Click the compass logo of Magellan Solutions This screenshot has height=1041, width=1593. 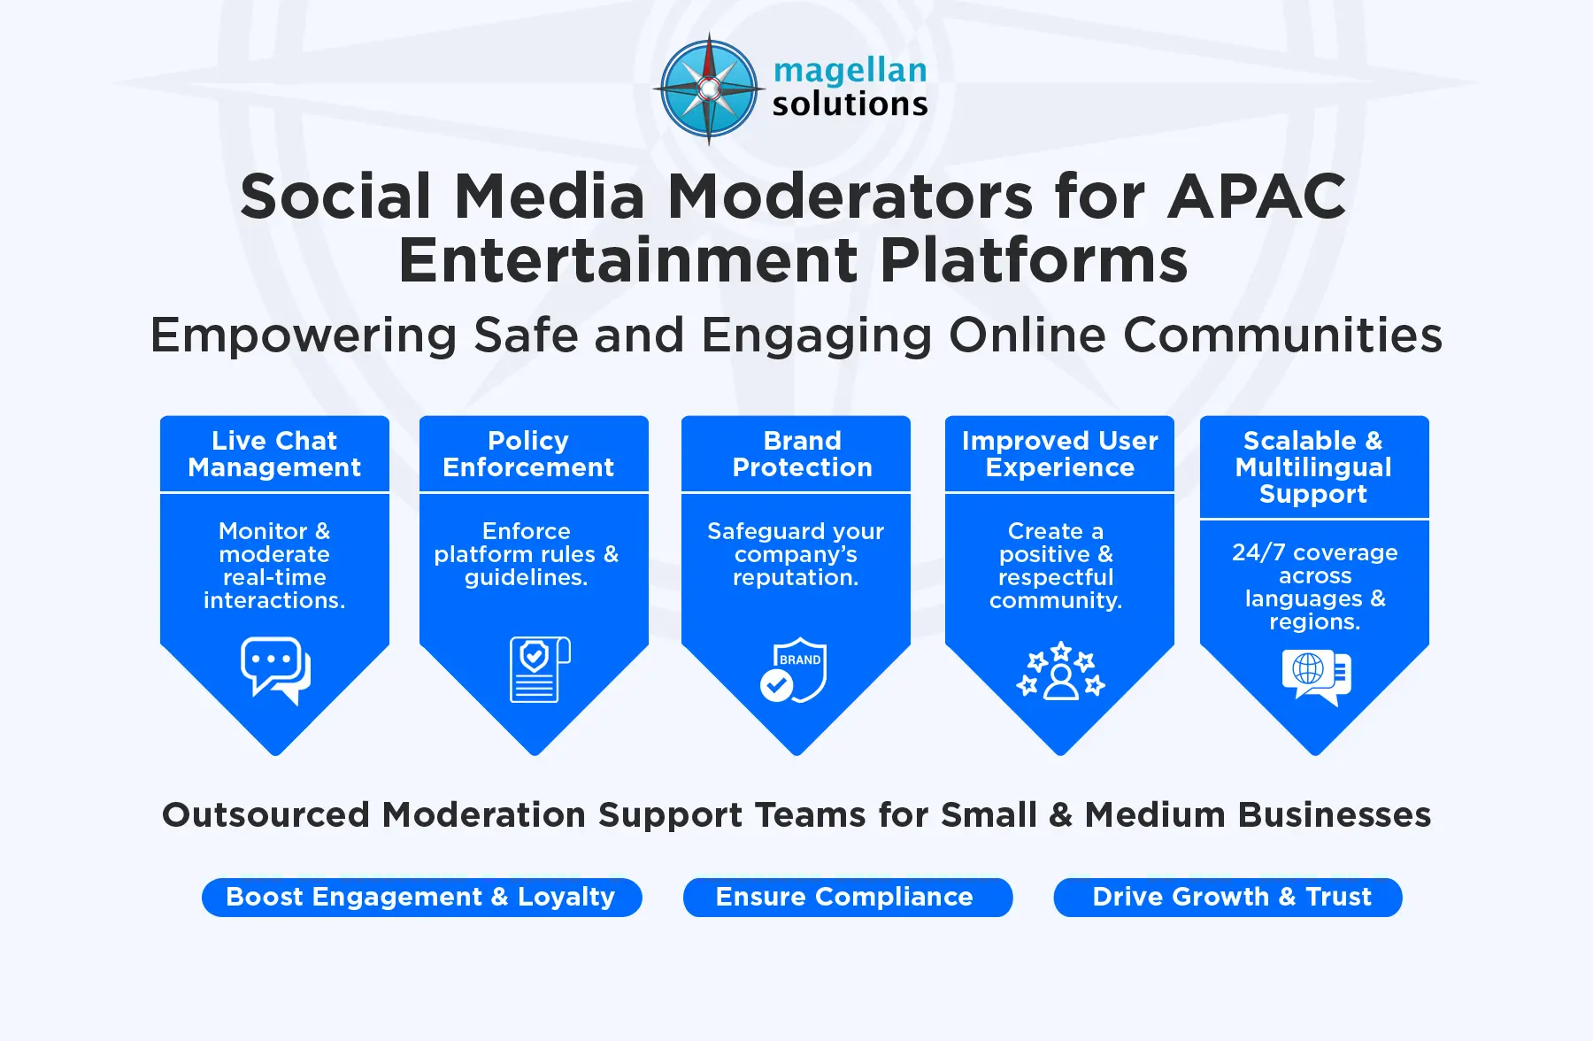click(709, 89)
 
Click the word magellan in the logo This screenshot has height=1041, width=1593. click(850, 70)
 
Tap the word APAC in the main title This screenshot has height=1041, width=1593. click(1256, 196)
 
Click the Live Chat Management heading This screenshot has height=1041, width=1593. click(274, 454)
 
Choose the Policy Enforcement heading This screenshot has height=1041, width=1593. click(528, 454)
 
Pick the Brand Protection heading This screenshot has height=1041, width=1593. click(802, 454)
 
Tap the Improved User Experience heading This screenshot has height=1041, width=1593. click(1059, 454)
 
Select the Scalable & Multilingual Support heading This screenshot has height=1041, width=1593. click(1313, 467)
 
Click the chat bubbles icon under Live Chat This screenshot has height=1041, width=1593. click(275, 670)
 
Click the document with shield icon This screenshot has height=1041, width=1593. click(539, 669)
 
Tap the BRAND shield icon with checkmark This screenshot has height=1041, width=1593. click(794, 670)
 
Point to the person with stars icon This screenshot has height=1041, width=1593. click(1060, 672)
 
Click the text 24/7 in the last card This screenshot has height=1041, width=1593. click(1258, 552)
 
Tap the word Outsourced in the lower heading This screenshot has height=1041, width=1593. click(265, 814)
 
